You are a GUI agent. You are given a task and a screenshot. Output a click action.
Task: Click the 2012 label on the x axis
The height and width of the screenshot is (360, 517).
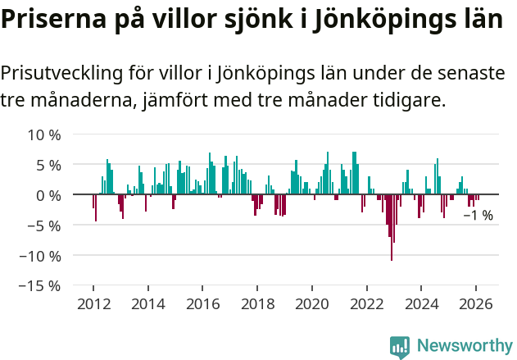[93, 303]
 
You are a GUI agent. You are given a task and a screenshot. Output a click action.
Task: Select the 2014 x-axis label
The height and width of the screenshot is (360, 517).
[148, 303]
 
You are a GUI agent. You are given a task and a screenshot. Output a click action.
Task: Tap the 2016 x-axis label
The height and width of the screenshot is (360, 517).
[202, 303]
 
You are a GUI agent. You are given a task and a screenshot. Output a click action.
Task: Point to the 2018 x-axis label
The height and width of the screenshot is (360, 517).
[257, 303]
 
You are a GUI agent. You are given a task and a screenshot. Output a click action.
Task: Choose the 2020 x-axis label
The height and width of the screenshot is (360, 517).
[312, 303]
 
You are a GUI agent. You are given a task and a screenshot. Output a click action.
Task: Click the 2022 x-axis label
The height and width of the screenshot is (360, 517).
[366, 303]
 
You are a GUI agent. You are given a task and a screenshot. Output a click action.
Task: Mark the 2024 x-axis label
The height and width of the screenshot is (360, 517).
[421, 303]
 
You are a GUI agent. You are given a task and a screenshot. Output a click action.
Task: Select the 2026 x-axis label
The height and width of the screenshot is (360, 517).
[476, 303]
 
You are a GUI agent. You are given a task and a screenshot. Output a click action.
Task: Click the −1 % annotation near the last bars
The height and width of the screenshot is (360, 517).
[478, 216]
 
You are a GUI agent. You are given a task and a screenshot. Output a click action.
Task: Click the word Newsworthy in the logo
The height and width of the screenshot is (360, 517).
[465, 346]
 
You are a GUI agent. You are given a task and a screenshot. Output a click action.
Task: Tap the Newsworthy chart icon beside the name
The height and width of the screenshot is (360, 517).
[400, 347]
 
